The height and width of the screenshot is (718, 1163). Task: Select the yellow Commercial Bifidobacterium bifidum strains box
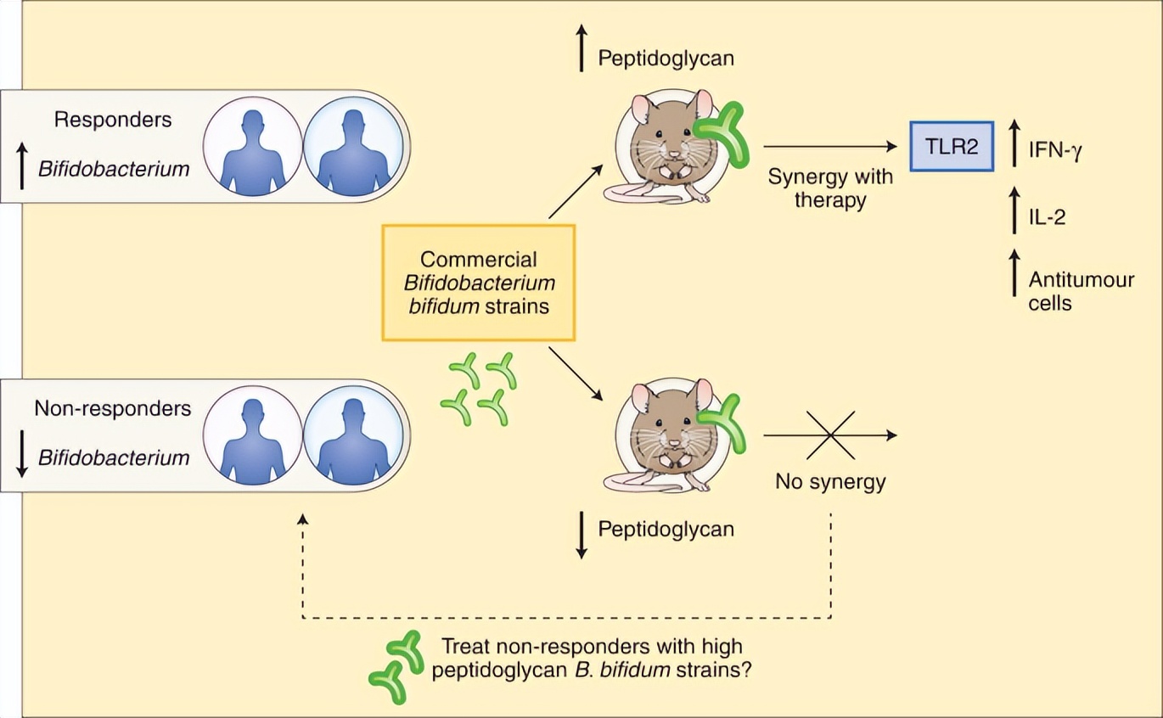tap(479, 283)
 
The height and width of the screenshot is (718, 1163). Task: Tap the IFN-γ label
tap(1053, 152)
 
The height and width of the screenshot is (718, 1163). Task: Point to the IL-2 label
tap(1047, 218)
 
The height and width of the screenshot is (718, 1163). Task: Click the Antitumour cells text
tap(1081, 290)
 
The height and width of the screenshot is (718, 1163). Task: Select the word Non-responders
tap(112, 408)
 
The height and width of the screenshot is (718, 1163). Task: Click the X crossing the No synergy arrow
tap(829, 435)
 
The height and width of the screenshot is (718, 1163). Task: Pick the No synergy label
tap(830, 482)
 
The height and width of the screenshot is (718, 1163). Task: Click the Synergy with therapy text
tap(829, 189)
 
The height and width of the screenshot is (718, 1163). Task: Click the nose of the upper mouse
tap(673, 154)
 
